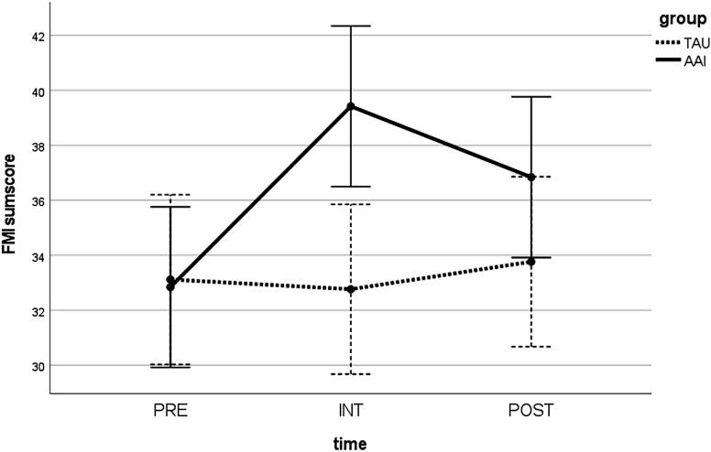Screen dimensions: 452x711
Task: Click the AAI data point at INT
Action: tap(351, 106)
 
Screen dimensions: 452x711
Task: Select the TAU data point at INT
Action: tap(351, 289)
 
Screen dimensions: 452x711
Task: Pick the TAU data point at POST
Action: tap(531, 262)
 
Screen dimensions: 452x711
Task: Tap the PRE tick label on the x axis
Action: tap(170, 410)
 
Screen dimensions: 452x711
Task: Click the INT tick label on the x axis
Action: tap(351, 410)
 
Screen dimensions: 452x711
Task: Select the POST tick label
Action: tap(531, 410)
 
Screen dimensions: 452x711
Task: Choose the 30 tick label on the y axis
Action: tap(28, 366)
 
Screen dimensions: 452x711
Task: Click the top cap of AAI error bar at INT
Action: tap(351, 26)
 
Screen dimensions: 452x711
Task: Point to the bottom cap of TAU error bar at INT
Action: tap(351, 374)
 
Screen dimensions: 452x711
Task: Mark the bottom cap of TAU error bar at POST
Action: tap(531, 347)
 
